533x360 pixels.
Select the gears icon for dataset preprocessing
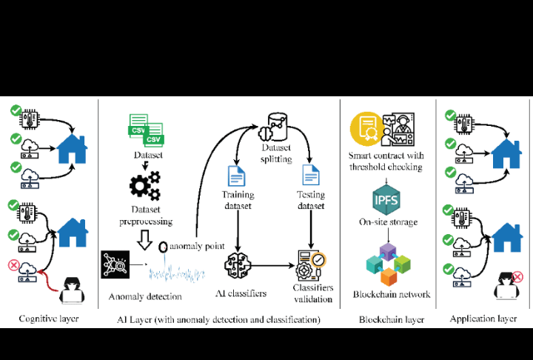pos(144,181)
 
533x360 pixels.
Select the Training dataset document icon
pos(237,176)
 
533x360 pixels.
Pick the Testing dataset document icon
pos(310,176)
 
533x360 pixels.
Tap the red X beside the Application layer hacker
pos(517,278)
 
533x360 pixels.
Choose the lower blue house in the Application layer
pos(508,238)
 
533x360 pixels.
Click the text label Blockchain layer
pos(392,320)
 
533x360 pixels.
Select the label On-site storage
pos(386,222)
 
